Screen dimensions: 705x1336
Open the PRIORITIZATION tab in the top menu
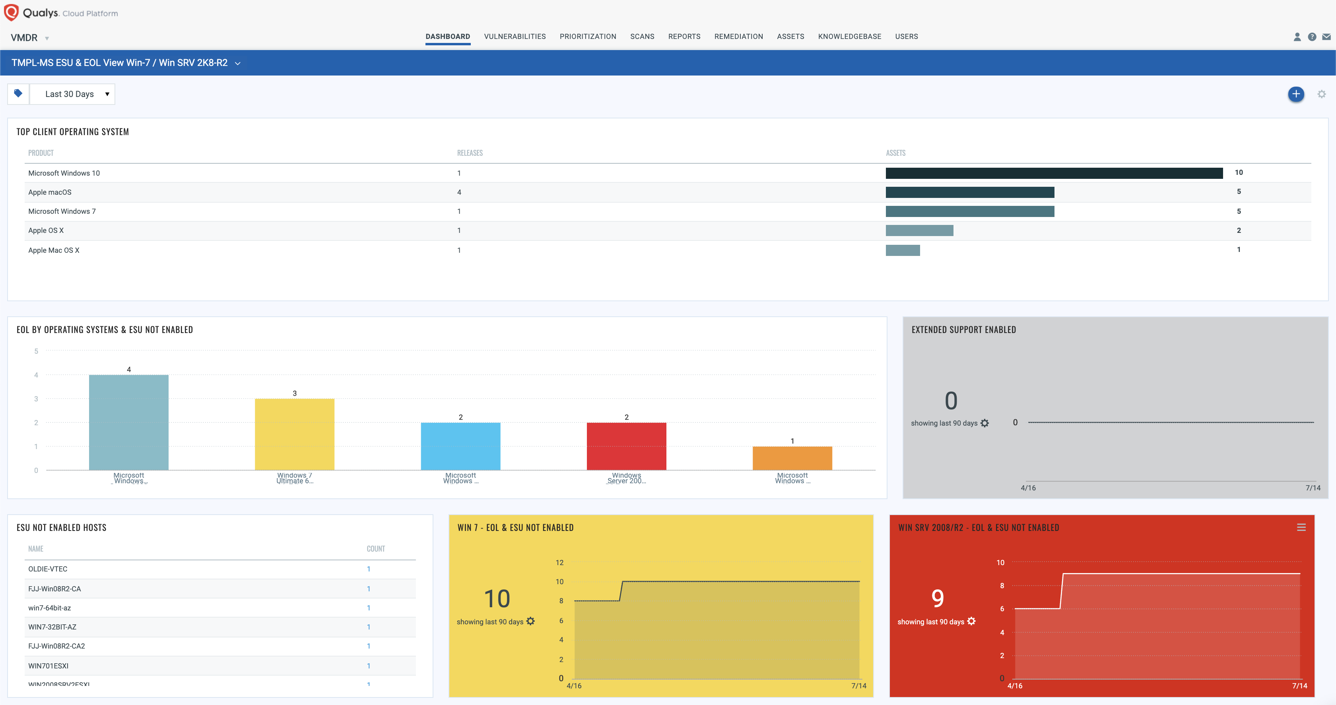pos(588,36)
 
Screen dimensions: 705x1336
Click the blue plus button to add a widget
pos(1295,94)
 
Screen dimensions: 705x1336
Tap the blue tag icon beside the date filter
pos(18,93)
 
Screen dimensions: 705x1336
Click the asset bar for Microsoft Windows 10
pos(1053,173)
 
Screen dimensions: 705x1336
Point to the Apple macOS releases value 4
pos(459,192)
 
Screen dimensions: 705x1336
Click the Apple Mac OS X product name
pos(53,250)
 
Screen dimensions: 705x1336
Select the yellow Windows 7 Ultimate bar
pos(294,434)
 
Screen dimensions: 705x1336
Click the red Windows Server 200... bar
pos(626,446)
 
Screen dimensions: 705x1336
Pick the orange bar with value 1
pos(792,458)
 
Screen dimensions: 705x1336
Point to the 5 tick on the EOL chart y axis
pos(36,351)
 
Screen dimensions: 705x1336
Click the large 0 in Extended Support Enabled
pos(951,401)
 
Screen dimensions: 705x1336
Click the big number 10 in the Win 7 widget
pos(497,599)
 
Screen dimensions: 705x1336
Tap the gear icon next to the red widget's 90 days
pos(971,621)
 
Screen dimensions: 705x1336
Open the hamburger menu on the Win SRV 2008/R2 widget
pos(1301,527)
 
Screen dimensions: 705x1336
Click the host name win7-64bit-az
pos(49,608)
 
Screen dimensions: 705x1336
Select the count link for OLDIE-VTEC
pos(368,569)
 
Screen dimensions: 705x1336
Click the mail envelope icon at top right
pos(1326,37)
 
